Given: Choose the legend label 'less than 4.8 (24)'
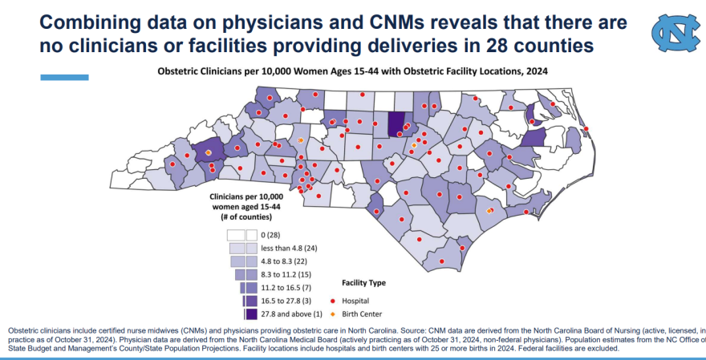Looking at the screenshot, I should click(x=295, y=249).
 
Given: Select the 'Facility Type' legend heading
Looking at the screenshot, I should click(x=363, y=283).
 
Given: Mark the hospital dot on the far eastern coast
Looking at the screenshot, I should click(x=586, y=129).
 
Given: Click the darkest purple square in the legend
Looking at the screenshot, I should click(x=251, y=314).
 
